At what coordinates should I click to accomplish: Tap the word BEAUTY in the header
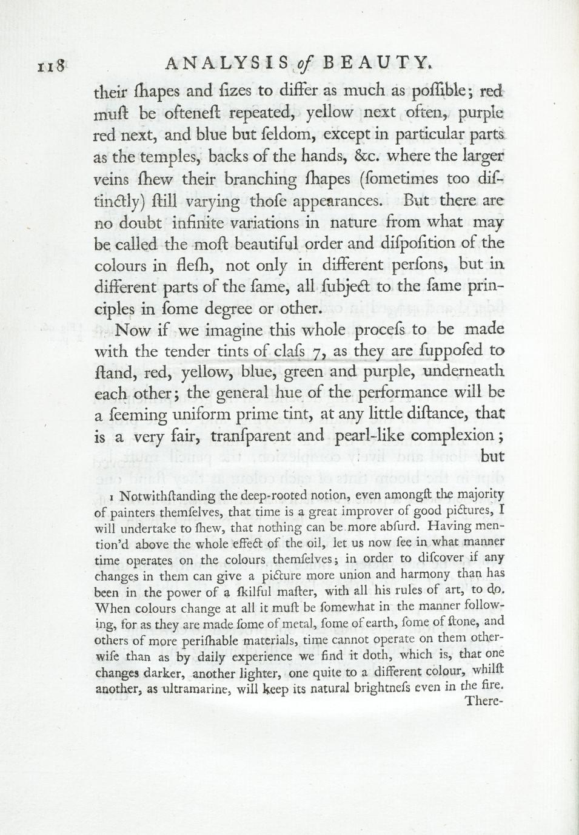tap(377, 63)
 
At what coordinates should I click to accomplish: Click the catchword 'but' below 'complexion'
tap(492, 457)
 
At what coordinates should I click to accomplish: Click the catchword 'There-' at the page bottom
tap(484, 702)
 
